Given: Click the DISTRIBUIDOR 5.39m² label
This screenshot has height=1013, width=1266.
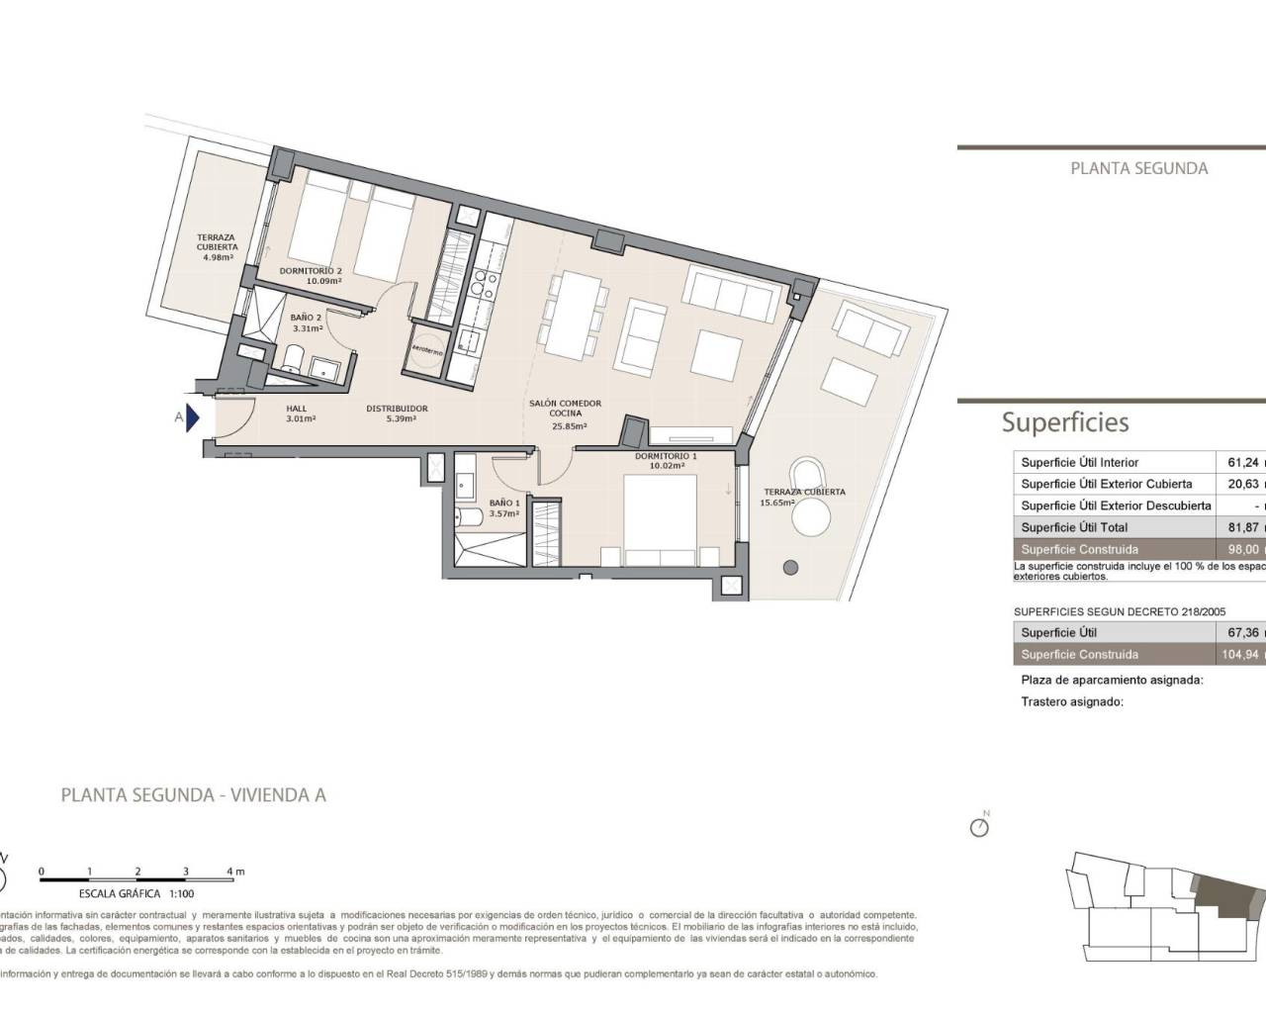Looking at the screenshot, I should tap(397, 414).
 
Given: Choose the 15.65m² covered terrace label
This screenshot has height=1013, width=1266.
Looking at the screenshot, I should tap(803, 497).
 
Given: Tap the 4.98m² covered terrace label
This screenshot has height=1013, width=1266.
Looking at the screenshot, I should tap(217, 246).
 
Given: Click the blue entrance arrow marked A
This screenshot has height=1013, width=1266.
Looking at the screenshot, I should tap(193, 417).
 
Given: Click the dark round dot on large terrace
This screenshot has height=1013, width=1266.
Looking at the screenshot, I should tap(790, 568).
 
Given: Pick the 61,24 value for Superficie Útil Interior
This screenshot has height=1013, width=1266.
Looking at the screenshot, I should tap(1240, 462).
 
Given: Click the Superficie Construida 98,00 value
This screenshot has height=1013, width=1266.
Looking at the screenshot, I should tap(1240, 549).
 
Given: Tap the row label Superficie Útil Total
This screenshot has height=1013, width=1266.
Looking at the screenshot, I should tap(1074, 527).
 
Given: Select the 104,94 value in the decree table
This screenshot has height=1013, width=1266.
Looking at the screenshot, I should tap(1240, 654).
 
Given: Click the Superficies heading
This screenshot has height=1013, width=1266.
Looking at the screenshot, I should tap(1064, 422).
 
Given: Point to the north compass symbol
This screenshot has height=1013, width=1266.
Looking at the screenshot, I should tap(980, 826).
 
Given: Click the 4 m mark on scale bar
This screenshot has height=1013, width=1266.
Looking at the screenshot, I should tap(234, 872).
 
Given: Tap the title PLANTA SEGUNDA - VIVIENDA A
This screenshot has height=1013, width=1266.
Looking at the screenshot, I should tap(194, 794).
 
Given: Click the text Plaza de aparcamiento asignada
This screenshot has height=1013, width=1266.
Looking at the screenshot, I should tap(1112, 681).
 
